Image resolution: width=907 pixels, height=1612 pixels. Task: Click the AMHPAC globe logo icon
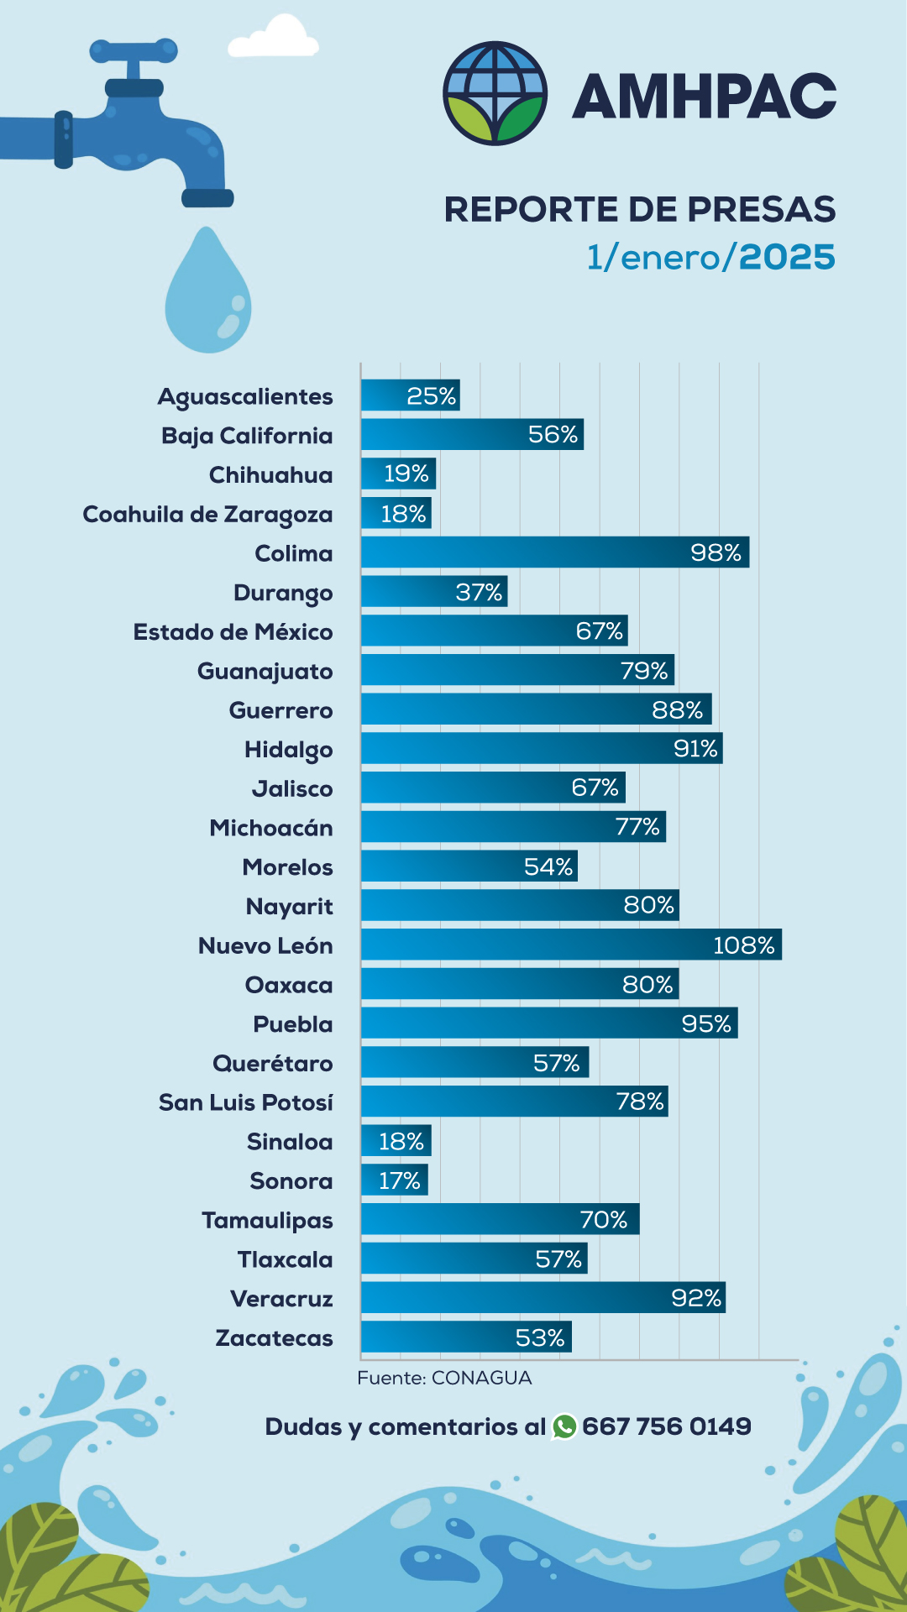point(495,93)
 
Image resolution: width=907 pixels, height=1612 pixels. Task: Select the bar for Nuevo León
point(571,945)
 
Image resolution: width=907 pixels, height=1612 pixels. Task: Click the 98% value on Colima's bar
point(716,552)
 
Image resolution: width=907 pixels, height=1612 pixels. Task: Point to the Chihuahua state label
point(270,475)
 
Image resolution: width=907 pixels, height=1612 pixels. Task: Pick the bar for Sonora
point(394,1180)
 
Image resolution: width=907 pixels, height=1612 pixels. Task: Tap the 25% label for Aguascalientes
point(431,395)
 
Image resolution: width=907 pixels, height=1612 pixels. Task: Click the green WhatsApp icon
point(564,1426)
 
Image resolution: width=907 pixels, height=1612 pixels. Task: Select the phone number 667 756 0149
point(667,1426)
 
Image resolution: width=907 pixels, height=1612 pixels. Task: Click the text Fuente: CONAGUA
point(444,1378)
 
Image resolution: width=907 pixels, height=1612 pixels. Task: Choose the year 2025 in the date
point(787,257)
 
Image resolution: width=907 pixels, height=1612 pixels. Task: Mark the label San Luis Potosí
point(246,1102)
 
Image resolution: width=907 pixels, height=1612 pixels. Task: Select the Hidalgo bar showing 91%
point(542,748)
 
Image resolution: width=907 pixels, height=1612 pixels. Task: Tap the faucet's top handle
point(134,50)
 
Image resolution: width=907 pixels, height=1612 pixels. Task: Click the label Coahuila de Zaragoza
point(207,515)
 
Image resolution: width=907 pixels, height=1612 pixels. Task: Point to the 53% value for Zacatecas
point(539,1337)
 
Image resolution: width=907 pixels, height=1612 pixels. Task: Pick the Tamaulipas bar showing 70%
point(500,1219)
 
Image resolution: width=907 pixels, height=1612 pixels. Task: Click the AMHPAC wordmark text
point(704,96)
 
